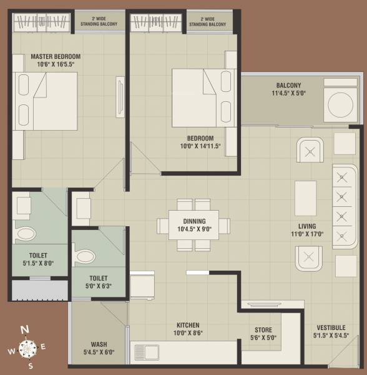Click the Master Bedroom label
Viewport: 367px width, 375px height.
(x=56, y=56)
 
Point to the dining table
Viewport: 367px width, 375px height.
(x=193, y=225)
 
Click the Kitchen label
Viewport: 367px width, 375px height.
(x=188, y=325)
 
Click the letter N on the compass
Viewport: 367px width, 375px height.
(x=24, y=329)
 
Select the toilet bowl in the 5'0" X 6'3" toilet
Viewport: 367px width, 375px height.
(x=84, y=256)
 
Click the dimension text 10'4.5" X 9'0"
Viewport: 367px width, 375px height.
(x=195, y=229)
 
